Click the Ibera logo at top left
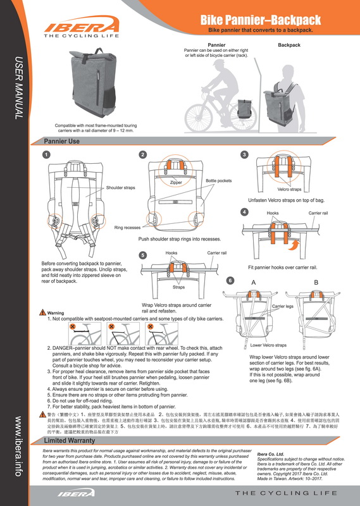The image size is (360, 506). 80,27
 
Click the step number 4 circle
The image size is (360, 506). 245,211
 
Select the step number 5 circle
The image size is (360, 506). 143,255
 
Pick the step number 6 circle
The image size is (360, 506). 230,280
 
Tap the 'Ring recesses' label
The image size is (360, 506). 127,226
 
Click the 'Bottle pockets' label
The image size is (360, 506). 218,181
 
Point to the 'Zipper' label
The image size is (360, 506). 176,183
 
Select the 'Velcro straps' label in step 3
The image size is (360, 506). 289,189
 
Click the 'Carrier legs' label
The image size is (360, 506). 283,306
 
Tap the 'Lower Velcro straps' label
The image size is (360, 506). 268,345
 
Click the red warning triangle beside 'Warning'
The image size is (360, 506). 42,312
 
